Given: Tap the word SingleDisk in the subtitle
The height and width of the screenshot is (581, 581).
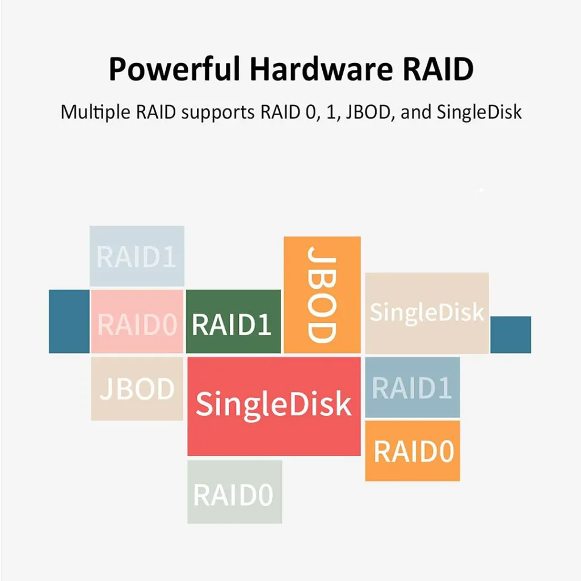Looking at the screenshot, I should [479, 112].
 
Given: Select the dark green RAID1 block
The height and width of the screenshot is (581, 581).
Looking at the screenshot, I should [233, 322].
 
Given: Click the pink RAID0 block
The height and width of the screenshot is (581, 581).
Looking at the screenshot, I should [137, 322].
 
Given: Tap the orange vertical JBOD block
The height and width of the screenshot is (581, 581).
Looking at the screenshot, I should [322, 294].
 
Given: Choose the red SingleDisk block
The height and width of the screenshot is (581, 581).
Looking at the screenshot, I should [274, 405].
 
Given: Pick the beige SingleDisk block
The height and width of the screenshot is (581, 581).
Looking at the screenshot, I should [427, 313].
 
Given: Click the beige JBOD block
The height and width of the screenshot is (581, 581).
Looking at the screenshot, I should [137, 389].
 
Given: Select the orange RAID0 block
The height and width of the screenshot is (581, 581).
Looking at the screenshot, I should [412, 451].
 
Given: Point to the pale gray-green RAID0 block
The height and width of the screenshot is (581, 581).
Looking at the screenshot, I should [234, 492].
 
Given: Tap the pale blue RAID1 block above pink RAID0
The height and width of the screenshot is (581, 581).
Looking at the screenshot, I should [137, 256].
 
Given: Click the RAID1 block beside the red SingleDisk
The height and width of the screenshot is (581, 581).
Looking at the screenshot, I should [412, 388].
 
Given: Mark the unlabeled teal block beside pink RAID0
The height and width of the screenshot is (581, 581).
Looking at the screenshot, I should [69, 321].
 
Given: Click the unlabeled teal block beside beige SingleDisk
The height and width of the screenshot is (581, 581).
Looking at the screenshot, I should [511, 334].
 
